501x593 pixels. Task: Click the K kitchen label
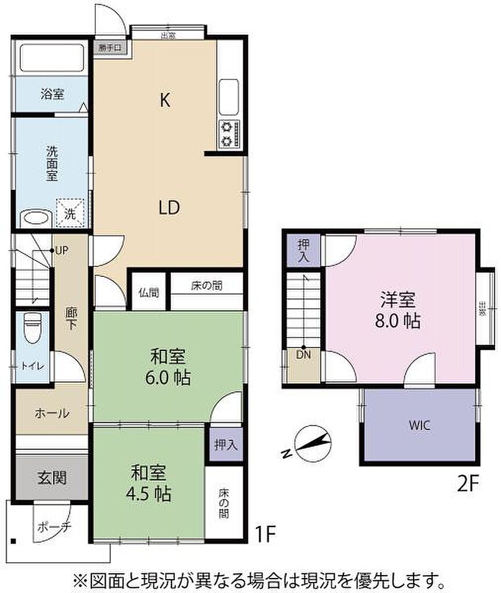(x=165, y=101)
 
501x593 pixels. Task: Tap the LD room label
(x=170, y=207)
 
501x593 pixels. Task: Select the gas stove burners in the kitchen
(x=229, y=133)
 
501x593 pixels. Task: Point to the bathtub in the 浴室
(x=53, y=58)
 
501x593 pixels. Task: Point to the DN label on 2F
(x=303, y=354)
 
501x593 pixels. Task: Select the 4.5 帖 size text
(x=149, y=494)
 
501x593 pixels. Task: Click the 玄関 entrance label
(x=52, y=478)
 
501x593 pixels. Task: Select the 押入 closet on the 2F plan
(x=303, y=250)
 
